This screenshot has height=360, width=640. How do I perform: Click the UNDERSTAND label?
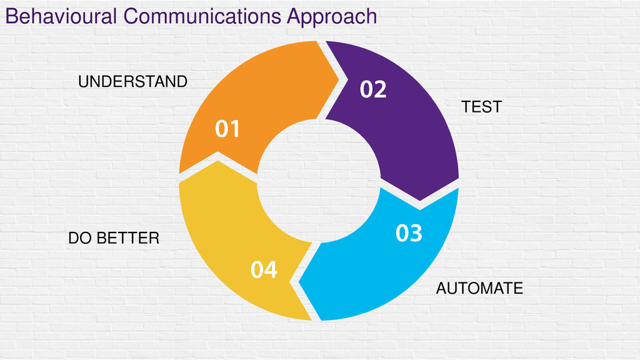[x=132, y=82]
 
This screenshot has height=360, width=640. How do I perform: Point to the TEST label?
[x=481, y=107]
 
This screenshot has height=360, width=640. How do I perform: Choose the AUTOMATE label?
[x=479, y=289]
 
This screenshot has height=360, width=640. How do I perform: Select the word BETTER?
[x=129, y=238]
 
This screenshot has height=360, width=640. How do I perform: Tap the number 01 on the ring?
[x=227, y=129]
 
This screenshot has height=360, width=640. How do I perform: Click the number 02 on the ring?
[x=373, y=91]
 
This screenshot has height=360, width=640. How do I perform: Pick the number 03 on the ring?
[x=409, y=234]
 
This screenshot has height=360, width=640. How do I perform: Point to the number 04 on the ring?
[x=264, y=270]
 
